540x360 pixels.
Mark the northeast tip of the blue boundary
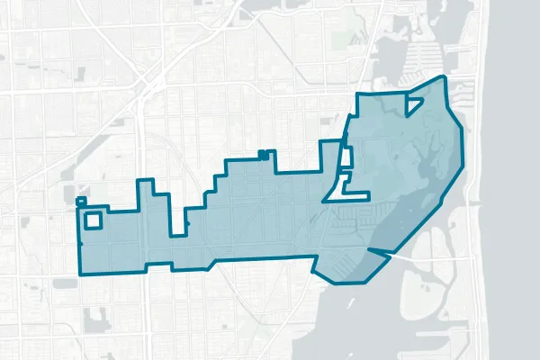(444, 78)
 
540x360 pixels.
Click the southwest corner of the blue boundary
(80, 272)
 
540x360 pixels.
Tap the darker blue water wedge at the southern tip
(371, 264)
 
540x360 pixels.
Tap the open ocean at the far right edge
(517, 180)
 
